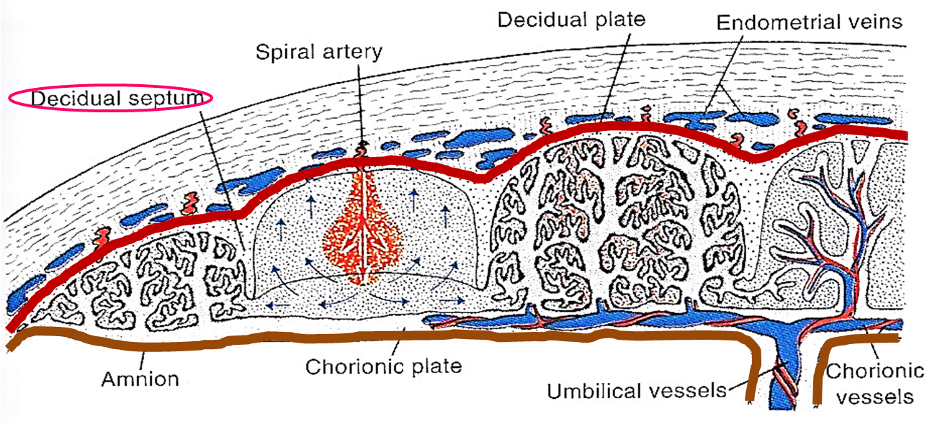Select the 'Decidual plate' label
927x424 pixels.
tap(571, 19)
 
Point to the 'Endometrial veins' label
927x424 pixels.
tap(809, 22)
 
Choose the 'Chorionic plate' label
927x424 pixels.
tap(383, 366)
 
